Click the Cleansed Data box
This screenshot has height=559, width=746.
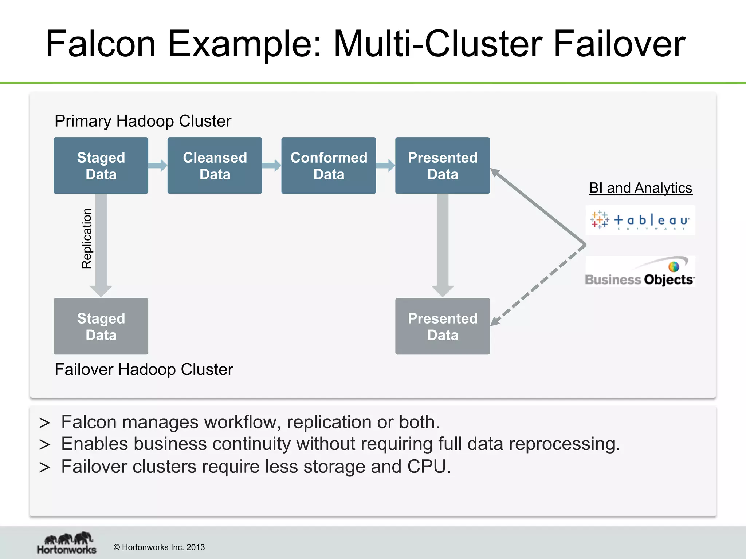pos(215,166)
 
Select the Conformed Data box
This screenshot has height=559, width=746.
pos(329,166)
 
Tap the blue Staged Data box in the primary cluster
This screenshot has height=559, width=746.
pos(101,166)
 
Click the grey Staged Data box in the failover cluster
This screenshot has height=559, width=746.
pos(101,326)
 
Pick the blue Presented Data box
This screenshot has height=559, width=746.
pos(442,166)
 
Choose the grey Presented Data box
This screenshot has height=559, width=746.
pos(442,326)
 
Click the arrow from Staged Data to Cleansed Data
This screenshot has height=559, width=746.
pos(158,166)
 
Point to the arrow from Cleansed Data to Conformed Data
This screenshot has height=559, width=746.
pos(272,166)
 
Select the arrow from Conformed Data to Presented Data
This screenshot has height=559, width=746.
pos(385,166)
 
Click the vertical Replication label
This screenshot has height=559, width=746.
pos(87,238)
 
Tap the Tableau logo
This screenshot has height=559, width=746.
pos(640,220)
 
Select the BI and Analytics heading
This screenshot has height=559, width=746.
pos(640,188)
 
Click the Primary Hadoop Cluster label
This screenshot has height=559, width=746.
pos(143,121)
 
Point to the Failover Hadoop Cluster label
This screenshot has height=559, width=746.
pos(144,370)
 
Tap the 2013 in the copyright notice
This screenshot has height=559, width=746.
pos(196,547)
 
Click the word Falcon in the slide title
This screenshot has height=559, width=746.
pos(101,44)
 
